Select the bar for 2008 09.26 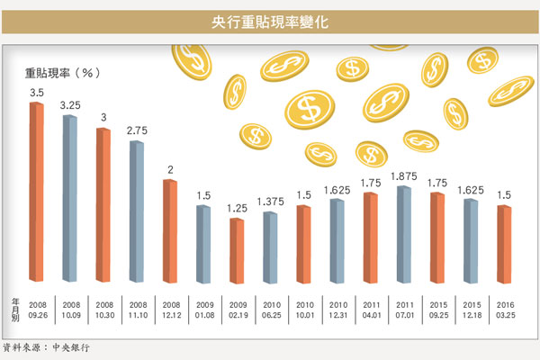(x=36, y=193)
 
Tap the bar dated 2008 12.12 (x=168, y=231)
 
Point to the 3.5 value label (x=37, y=93)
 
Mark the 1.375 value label (x=270, y=202)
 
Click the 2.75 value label (x=138, y=131)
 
